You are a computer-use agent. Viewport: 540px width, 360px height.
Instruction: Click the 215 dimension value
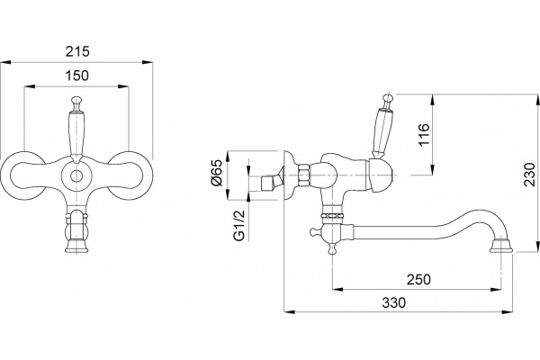(x=77, y=51)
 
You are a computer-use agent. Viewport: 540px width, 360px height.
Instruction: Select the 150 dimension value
(x=76, y=76)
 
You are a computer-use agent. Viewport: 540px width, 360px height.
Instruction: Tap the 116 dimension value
(x=424, y=134)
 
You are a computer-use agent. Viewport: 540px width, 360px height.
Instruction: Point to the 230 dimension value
(x=530, y=175)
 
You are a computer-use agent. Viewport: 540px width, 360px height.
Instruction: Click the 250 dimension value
(x=418, y=279)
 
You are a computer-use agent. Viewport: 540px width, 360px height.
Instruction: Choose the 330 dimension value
(x=393, y=302)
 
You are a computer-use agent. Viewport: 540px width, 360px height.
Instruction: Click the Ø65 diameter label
(x=218, y=174)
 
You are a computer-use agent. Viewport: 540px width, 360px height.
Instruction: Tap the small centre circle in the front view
(x=76, y=175)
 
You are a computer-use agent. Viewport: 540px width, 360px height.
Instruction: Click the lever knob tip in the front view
(x=76, y=100)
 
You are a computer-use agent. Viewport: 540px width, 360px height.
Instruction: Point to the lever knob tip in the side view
(x=388, y=97)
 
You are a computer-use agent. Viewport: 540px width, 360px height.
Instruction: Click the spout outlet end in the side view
(x=501, y=246)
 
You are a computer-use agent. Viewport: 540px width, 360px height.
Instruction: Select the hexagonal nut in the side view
(x=304, y=175)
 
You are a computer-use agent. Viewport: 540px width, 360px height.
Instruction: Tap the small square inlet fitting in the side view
(x=267, y=184)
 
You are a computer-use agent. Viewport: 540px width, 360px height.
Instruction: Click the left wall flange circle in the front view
(x=22, y=175)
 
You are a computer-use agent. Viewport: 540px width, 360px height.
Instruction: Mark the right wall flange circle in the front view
(x=130, y=175)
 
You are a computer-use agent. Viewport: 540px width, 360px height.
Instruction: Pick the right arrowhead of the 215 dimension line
(x=148, y=62)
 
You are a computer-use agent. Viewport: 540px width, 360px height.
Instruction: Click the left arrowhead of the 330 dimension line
(x=290, y=311)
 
